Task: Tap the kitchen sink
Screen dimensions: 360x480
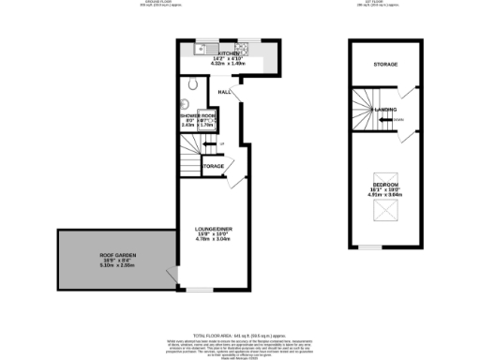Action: coord(202,46)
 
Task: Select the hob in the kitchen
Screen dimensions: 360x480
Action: coord(243,46)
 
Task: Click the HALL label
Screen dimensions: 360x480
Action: coord(224,92)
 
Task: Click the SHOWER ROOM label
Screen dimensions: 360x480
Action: coord(199,115)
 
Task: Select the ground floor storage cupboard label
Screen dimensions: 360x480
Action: coord(215,167)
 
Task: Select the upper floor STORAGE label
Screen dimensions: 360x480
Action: coord(386,64)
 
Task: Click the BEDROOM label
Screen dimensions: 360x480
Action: coord(385,184)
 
